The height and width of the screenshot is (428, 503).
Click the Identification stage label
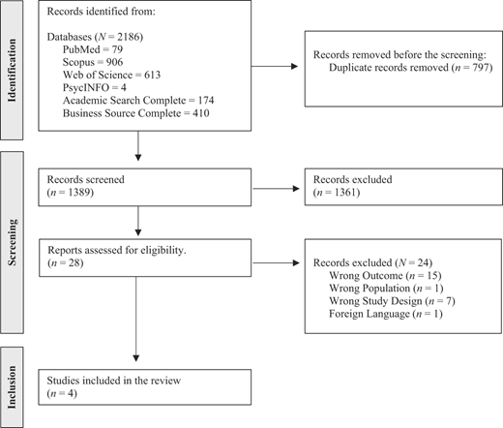(12, 71)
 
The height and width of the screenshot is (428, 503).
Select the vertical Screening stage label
(12, 242)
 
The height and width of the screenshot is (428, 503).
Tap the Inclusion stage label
(12, 387)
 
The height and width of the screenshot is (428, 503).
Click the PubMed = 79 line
(93, 49)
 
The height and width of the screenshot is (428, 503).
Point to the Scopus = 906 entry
(93, 62)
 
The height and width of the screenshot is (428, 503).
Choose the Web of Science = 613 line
(111, 75)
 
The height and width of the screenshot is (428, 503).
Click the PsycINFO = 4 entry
(95, 87)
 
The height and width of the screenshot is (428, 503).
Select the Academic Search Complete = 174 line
(138, 101)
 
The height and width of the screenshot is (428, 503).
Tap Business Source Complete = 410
(135, 113)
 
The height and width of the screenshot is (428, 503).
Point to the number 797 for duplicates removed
(480, 68)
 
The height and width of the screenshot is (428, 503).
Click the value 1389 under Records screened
(79, 193)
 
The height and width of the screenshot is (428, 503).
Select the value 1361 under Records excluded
(346, 193)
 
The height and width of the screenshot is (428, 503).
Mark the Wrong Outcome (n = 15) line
(385, 276)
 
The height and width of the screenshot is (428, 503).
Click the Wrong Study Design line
(392, 301)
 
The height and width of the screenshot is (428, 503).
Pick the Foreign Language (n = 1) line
(386, 314)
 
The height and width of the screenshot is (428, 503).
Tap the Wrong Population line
(386, 289)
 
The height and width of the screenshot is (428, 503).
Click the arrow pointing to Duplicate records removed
(275, 66)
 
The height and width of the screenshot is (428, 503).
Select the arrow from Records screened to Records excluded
(276, 189)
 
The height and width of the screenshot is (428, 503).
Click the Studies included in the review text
(114, 381)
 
